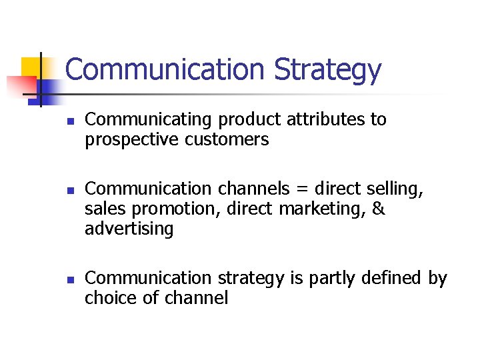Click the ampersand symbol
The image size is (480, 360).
coord(378,209)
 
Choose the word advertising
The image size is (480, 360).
coord(129,229)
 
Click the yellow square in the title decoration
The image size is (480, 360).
coord(31,67)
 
